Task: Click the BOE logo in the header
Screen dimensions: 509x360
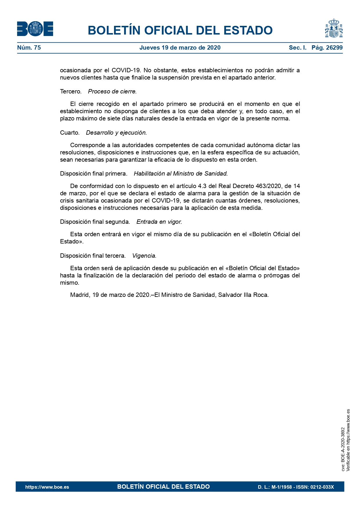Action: (x=35, y=29)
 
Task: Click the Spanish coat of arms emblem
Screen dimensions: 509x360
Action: (x=334, y=28)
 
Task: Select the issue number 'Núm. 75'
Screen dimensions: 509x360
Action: (x=29, y=48)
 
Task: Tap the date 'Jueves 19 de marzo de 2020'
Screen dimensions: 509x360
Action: (x=180, y=48)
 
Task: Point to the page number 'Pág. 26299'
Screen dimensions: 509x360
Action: (x=327, y=48)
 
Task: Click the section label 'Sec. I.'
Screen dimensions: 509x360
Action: (x=297, y=48)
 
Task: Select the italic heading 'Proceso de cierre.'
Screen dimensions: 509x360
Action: (x=112, y=92)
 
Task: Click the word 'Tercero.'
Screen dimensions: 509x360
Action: (x=71, y=92)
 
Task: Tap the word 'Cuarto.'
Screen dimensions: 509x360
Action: (x=70, y=133)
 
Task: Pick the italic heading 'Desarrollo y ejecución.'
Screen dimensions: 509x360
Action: (x=116, y=133)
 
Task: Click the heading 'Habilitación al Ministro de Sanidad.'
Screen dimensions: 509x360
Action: (x=181, y=174)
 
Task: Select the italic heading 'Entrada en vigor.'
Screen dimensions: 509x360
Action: (x=159, y=222)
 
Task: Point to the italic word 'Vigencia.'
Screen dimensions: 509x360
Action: (x=144, y=256)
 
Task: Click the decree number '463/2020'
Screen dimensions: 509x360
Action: (x=268, y=186)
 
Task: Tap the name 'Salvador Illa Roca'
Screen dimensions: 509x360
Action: (x=243, y=295)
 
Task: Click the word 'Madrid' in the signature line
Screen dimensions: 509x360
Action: (x=79, y=295)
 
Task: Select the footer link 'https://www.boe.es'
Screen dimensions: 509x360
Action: (x=47, y=487)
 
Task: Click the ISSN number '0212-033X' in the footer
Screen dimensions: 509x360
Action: (x=322, y=487)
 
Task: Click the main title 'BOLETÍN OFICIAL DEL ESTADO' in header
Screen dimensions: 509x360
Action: (x=180, y=30)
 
